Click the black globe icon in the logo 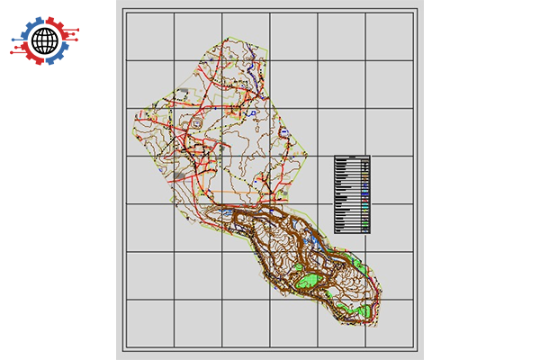(x=44, y=40)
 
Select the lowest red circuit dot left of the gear (x=12, y=52)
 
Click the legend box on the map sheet (x=352, y=193)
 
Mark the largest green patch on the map (x=310, y=280)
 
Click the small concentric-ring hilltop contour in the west (x=195, y=125)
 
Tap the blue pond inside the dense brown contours (x=314, y=240)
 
